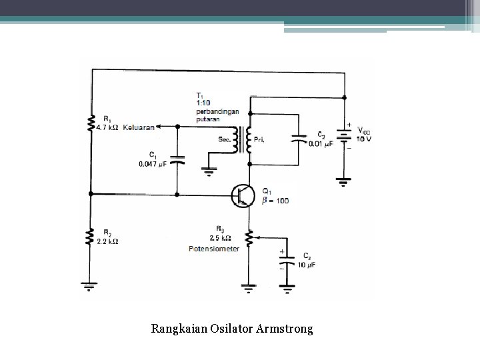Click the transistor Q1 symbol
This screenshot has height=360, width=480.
pos(243,195)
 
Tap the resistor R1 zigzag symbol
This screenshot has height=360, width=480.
pos(91,123)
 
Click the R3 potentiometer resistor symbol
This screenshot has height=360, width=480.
pos(249,238)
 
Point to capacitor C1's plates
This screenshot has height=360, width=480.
pos(177,161)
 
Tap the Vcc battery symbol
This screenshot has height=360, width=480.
pos(344,134)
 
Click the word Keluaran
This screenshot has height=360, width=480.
pos(138,127)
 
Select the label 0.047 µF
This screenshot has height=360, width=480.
pos(153,164)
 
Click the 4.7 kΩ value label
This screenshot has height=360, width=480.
pos(108,127)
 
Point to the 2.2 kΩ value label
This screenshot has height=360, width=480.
pos(108,241)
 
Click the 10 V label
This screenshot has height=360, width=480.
pos(365,139)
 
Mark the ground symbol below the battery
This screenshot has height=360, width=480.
pos(344,180)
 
